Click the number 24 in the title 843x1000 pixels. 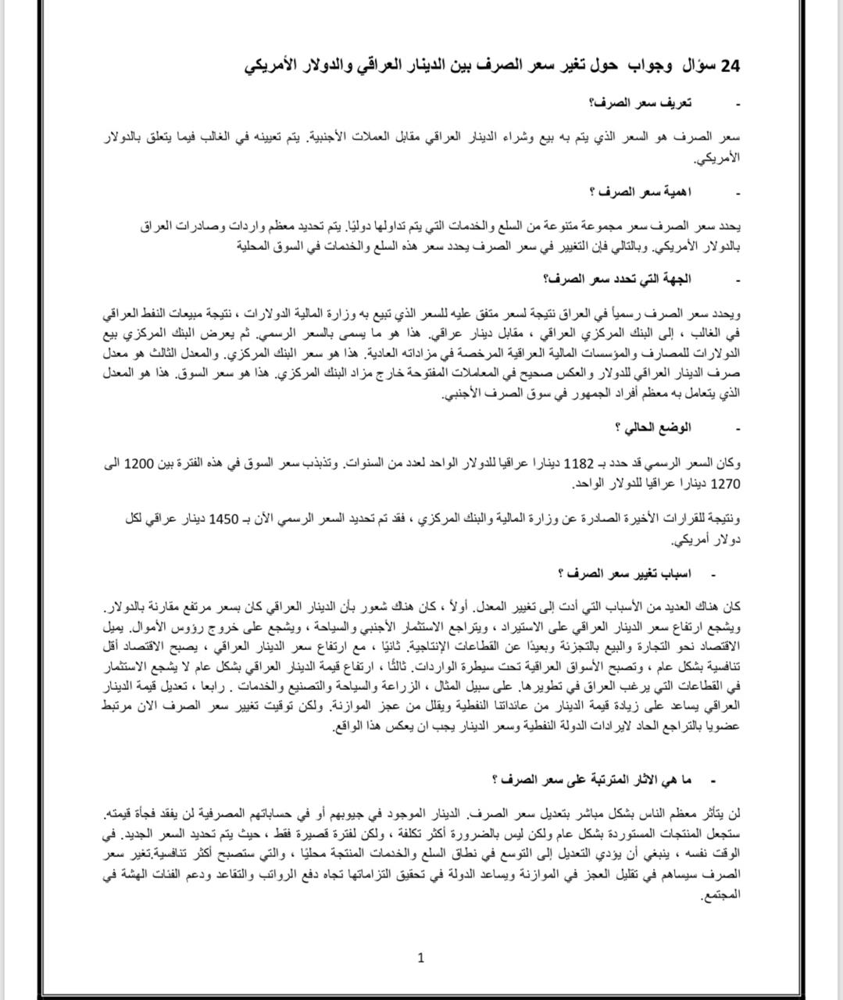(x=730, y=66)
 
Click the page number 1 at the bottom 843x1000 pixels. (x=421, y=958)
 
